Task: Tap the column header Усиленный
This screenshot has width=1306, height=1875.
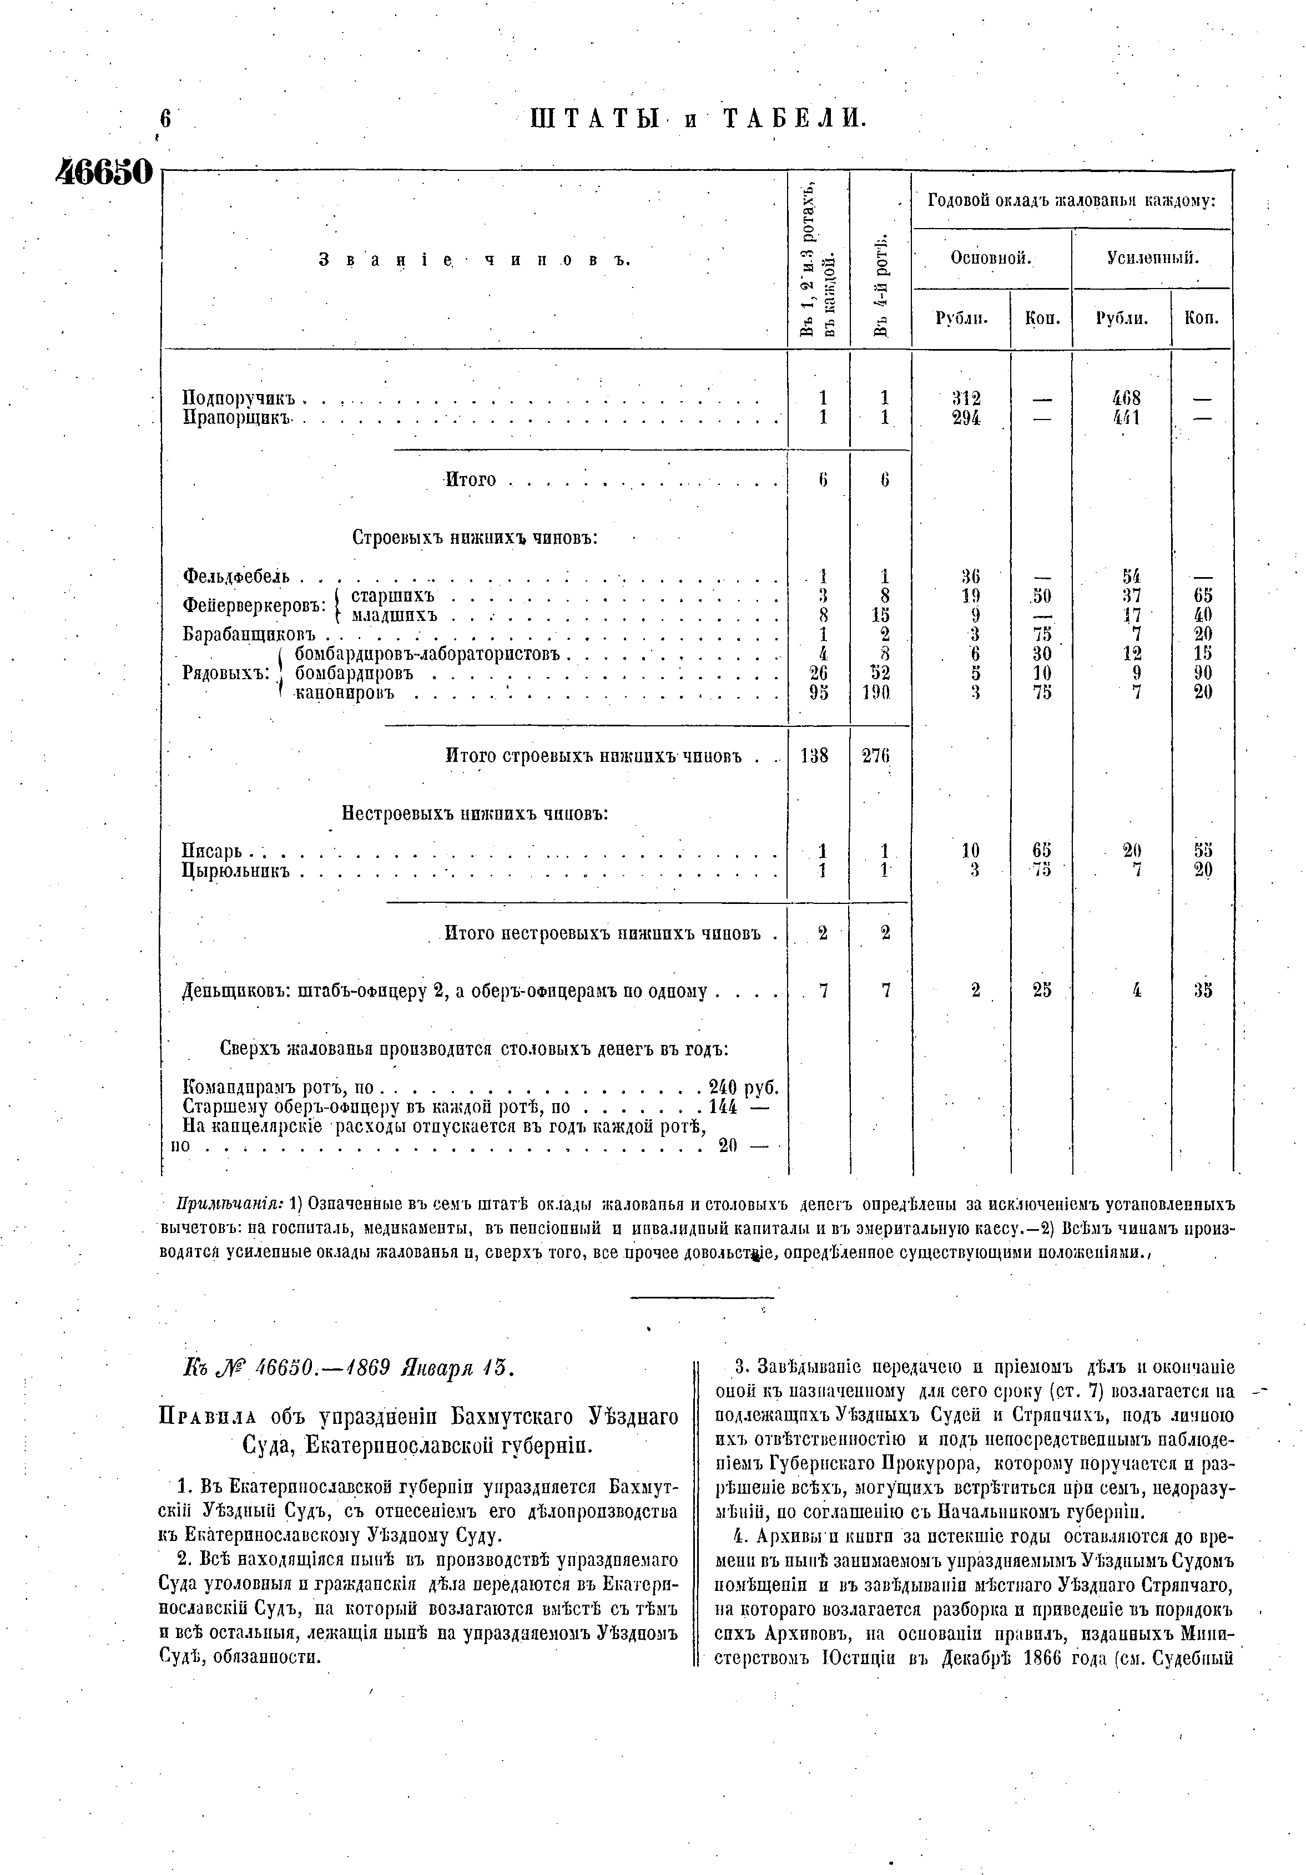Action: pyautogui.click(x=1152, y=258)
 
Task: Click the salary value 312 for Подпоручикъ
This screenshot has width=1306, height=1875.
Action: pyautogui.click(x=966, y=398)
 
